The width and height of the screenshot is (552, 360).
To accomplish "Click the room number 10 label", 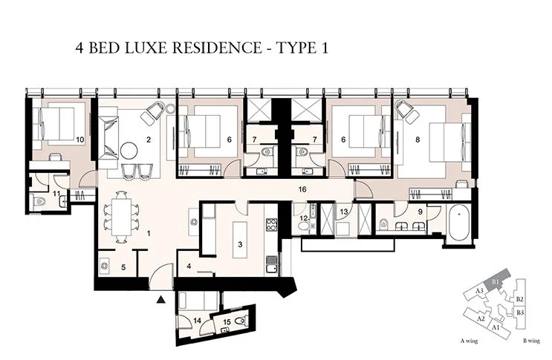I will (x=79, y=139).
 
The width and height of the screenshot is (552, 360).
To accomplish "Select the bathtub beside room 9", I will (x=456, y=225).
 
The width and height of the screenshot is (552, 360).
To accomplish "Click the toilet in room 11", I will (x=39, y=200).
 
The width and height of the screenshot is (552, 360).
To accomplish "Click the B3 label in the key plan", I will (x=520, y=313).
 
